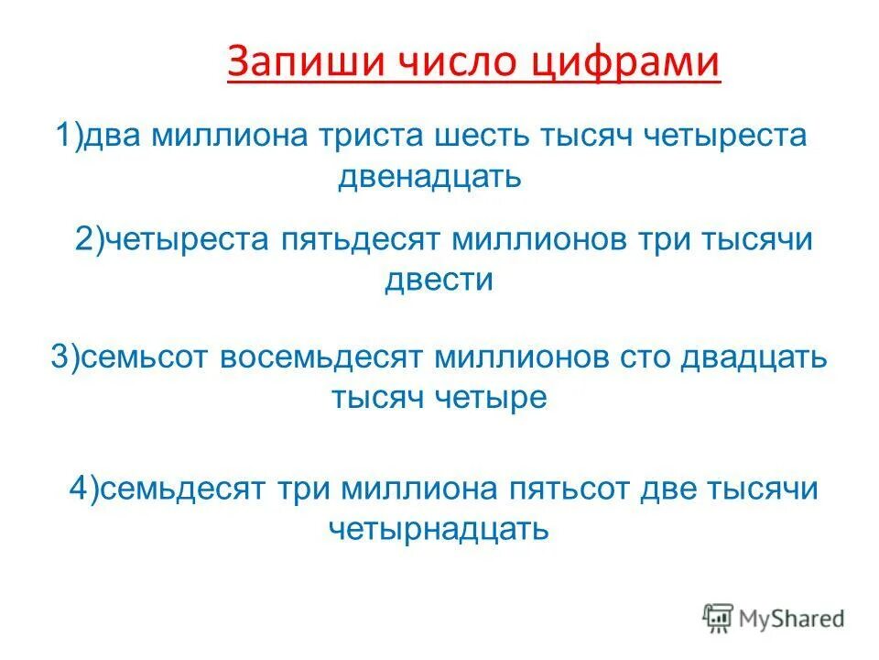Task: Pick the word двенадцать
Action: tap(429, 175)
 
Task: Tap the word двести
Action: tap(439, 279)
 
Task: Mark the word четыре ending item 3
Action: tap(498, 396)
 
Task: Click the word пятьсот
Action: tap(560, 489)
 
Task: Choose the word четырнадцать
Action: tap(439, 527)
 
